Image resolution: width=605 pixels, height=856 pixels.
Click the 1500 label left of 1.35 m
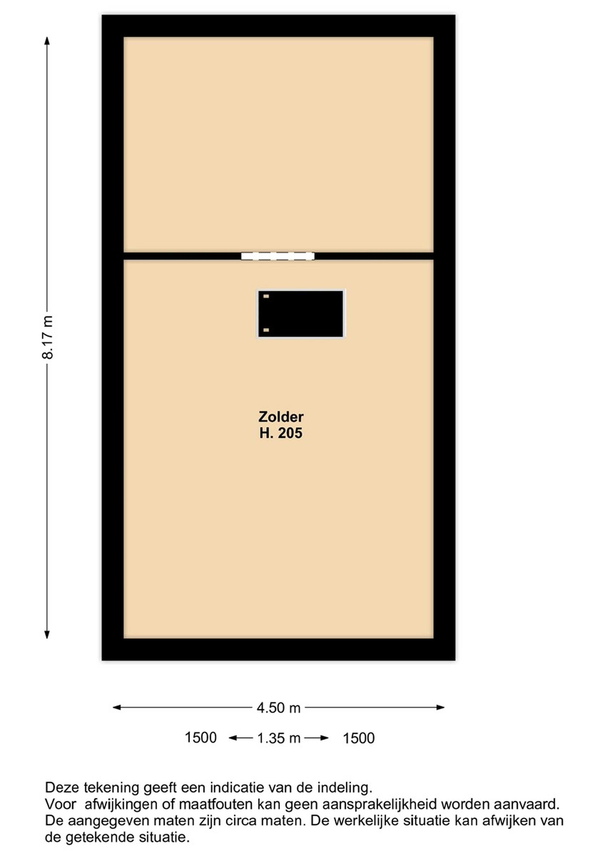coord(201,738)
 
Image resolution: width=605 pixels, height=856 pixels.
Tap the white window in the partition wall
coord(278,256)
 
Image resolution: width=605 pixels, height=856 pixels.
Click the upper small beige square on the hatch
coord(266,296)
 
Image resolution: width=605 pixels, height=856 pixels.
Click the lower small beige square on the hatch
coord(266,330)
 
